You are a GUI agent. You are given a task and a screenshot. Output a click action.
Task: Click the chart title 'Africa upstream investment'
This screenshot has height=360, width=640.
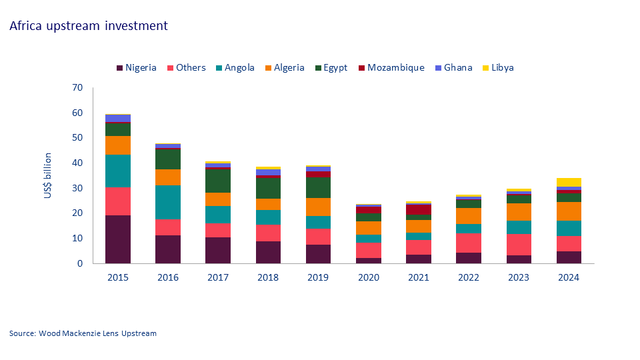click(88, 26)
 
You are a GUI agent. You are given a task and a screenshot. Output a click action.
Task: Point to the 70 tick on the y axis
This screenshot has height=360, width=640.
click(77, 88)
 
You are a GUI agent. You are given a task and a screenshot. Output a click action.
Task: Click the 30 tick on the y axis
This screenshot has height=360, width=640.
click(77, 189)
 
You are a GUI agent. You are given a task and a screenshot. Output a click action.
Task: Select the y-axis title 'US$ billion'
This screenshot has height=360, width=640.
click(47, 175)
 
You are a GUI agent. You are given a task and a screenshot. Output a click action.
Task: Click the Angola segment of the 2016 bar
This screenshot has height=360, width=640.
click(168, 202)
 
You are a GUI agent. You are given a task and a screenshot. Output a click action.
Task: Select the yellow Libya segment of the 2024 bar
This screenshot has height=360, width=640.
click(569, 182)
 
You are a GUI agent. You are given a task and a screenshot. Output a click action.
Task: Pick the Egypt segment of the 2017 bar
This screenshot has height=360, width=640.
click(218, 181)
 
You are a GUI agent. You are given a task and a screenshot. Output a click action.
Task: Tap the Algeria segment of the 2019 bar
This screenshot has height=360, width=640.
click(319, 207)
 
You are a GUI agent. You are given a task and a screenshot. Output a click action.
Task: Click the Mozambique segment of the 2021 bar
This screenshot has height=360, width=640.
click(419, 209)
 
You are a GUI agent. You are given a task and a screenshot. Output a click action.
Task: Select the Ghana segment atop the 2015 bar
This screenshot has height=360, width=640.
click(118, 118)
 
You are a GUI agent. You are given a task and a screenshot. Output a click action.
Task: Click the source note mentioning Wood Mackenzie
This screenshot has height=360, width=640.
click(83, 333)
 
